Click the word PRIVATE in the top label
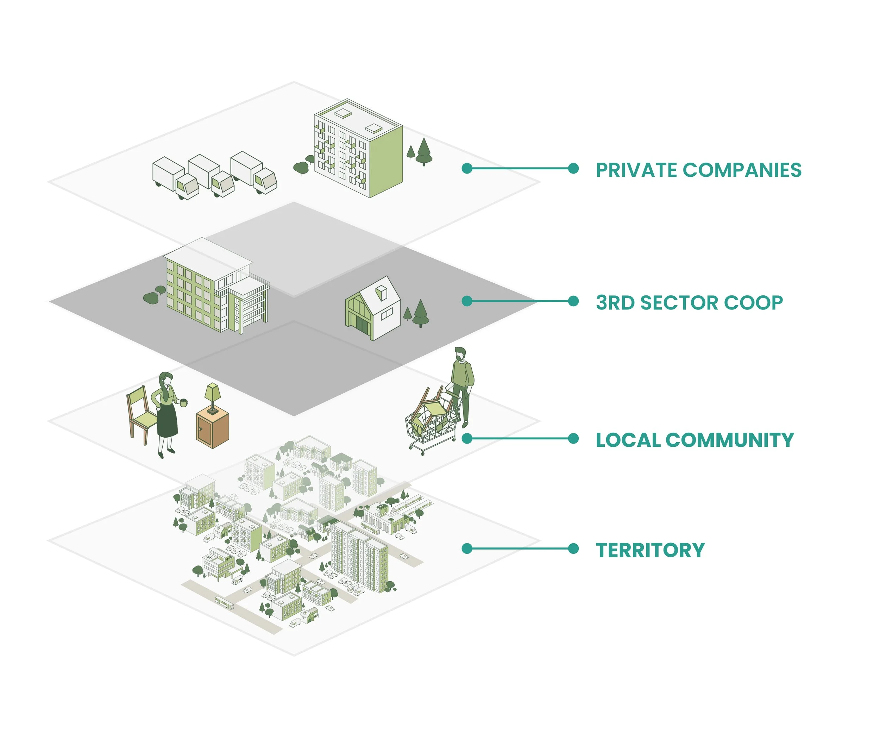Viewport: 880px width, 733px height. tap(636, 170)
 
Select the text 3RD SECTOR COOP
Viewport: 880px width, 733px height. tap(689, 302)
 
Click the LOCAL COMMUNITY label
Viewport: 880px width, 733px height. tap(694, 440)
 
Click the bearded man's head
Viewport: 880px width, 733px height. tap(460, 354)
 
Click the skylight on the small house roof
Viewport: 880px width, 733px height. tap(381, 292)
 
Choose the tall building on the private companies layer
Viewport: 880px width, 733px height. tap(358, 149)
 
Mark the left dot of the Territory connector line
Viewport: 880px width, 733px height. tap(467, 549)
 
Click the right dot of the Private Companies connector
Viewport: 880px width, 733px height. tap(573, 169)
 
